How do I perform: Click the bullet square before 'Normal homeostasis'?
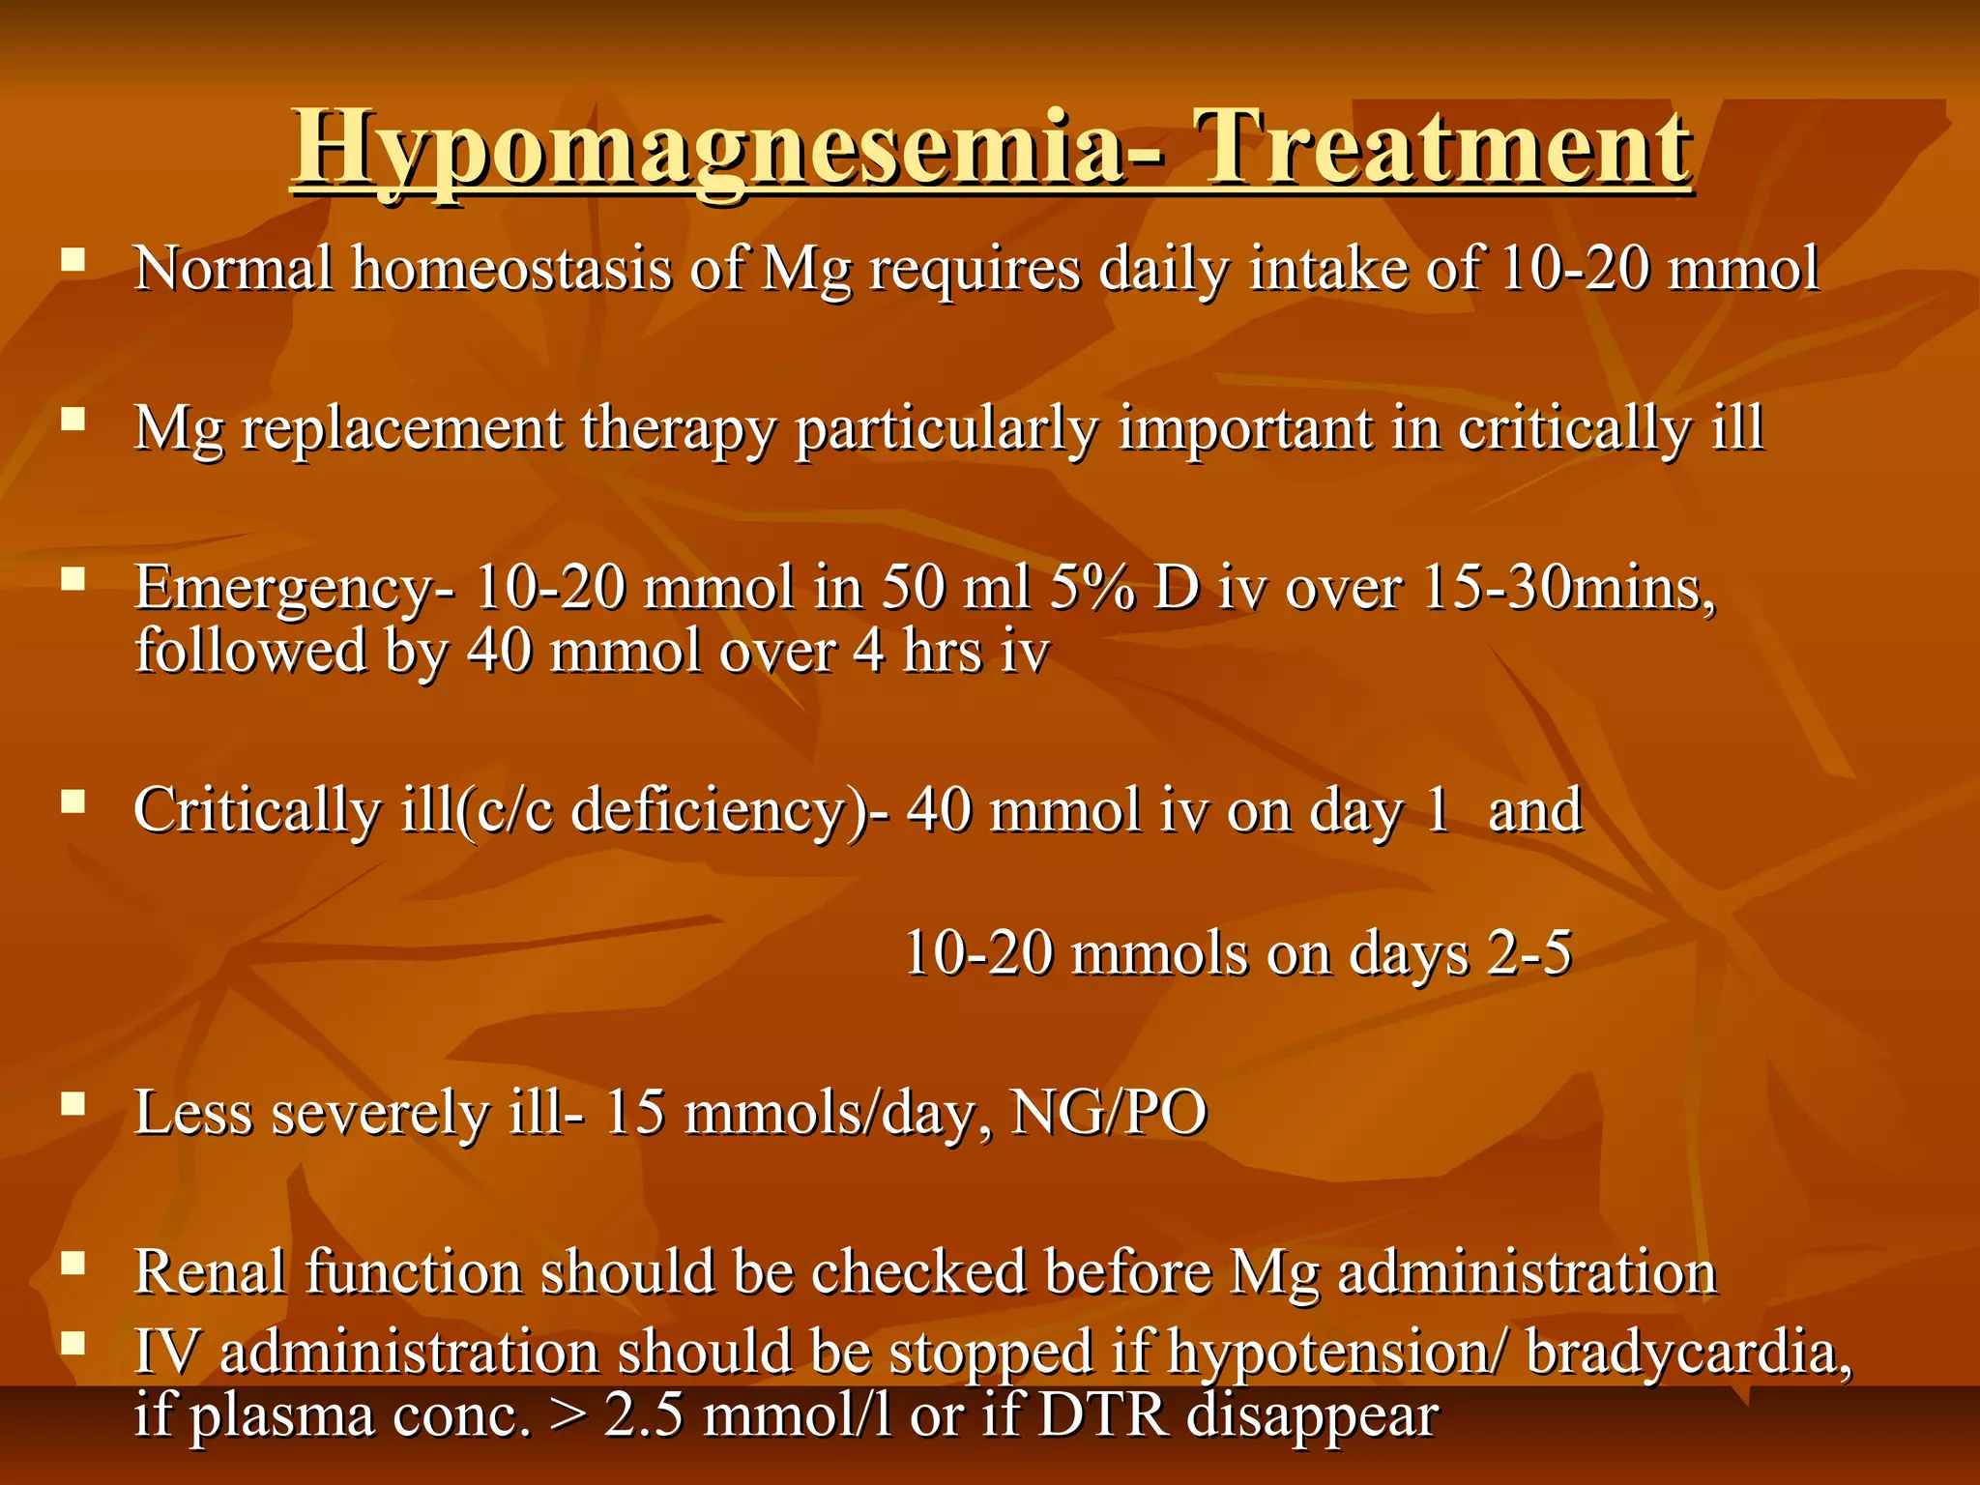tap(73, 259)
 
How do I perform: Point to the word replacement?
tap(401, 428)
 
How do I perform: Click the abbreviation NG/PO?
tap(1108, 1113)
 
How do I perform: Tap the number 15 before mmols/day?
tap(634, 1113)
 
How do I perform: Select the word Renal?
tap(210, 1272)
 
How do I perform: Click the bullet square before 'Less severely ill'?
tap(73, 1103)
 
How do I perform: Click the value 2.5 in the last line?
tap(644, 1416)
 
